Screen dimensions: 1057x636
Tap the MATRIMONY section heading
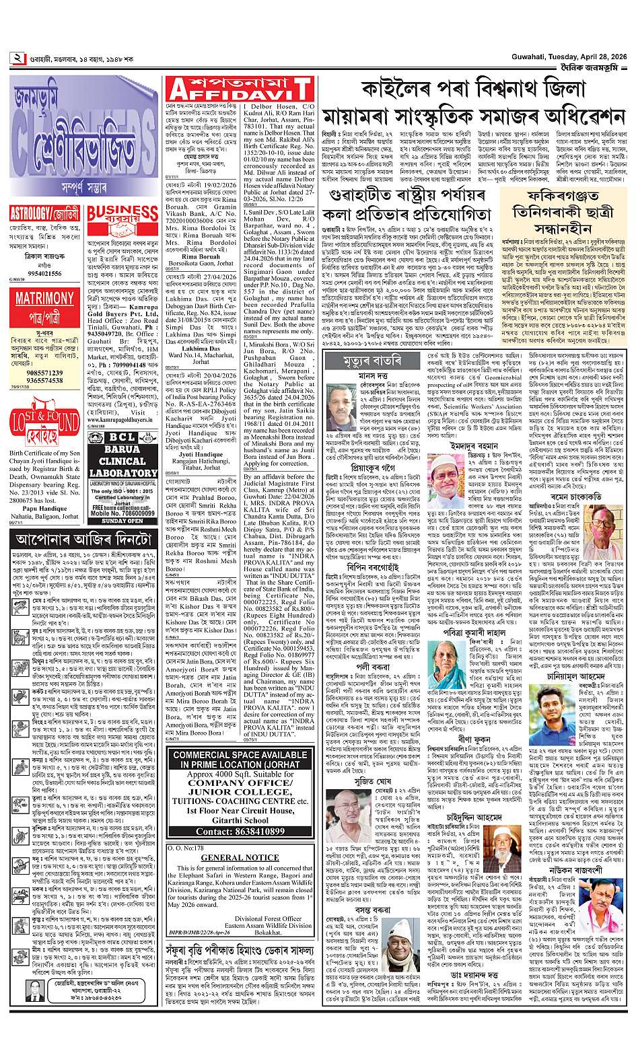(x=44, y=280)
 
